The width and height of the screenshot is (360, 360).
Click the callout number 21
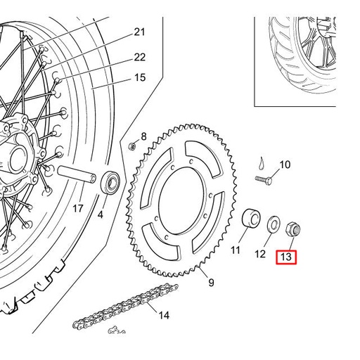point(139,32)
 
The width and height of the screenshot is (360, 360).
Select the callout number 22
point(139,57)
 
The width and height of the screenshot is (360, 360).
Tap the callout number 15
point(139,77)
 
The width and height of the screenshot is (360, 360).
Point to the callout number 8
point(143,136)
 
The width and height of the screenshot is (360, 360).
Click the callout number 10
point(285,165)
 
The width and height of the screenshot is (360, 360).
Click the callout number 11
point(236,250)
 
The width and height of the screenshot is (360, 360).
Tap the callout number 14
point(164,316)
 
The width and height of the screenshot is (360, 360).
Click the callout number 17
point(78,208)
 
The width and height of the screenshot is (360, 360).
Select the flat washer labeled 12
point(271,224)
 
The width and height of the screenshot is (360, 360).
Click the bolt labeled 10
point(262,180)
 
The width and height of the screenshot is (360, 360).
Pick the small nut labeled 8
point(131,146)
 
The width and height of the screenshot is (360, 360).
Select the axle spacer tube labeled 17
point(77,174)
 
